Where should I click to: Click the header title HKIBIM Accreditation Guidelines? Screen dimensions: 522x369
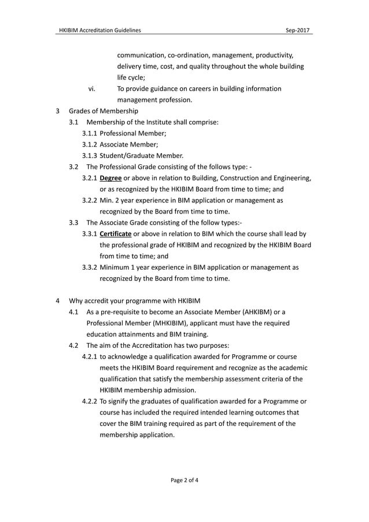(x=99, y=29)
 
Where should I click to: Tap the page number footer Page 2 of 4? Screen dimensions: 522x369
(x=184, y=479)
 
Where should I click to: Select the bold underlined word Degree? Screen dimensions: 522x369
(x=110, y=178)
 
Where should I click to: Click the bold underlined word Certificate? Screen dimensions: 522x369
(x=116, y=234)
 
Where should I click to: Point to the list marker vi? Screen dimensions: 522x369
(x=91, y=89)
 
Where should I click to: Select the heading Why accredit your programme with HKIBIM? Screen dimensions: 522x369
(x=134, y=300)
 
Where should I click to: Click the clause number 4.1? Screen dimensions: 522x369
(x=74, y=312)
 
